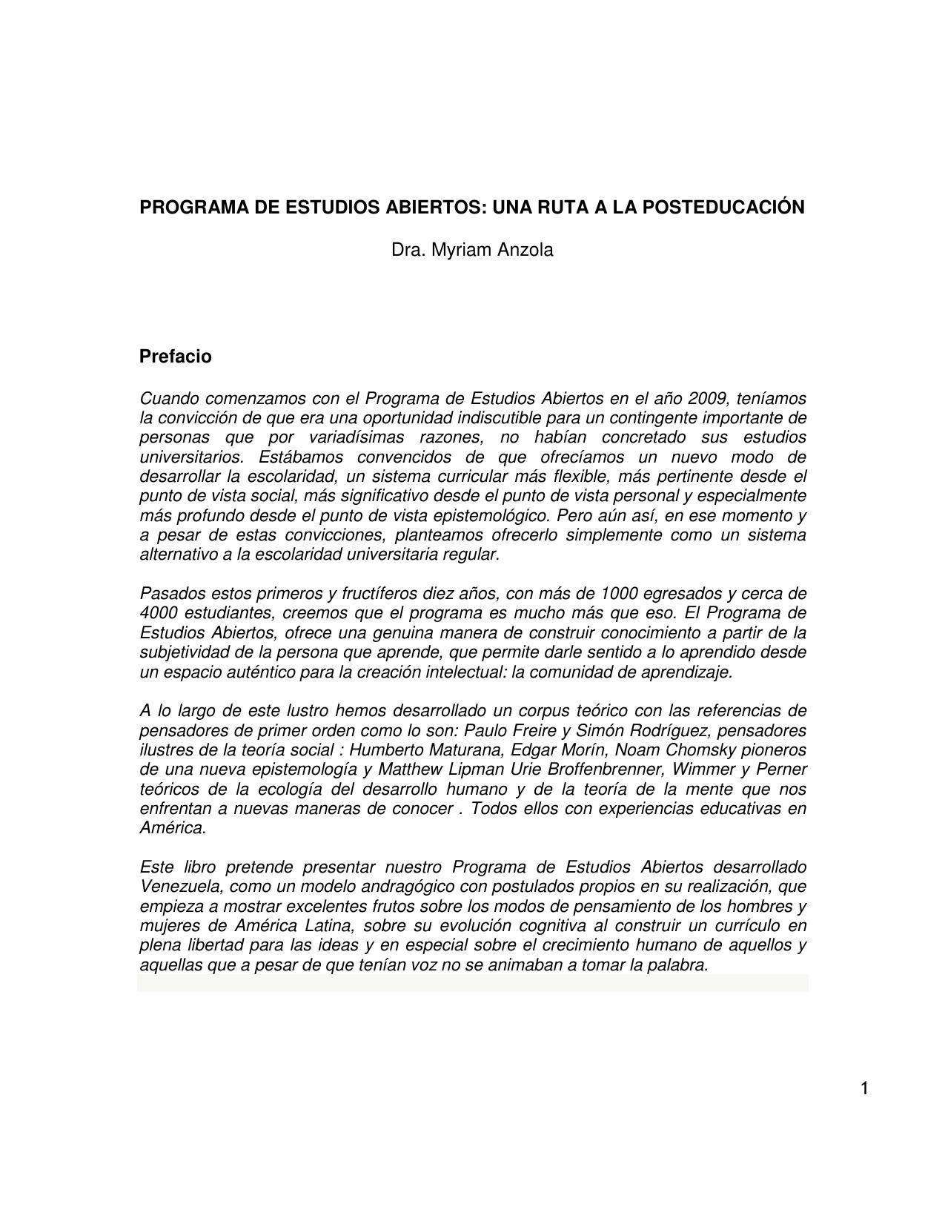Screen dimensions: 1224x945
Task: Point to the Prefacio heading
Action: [x=176, y=357]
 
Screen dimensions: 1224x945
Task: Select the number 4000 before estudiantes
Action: [x=158, y=613]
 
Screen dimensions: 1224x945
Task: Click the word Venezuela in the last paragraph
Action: [x=181, y=887]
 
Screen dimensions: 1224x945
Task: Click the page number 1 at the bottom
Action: [x=864, y=1088]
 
